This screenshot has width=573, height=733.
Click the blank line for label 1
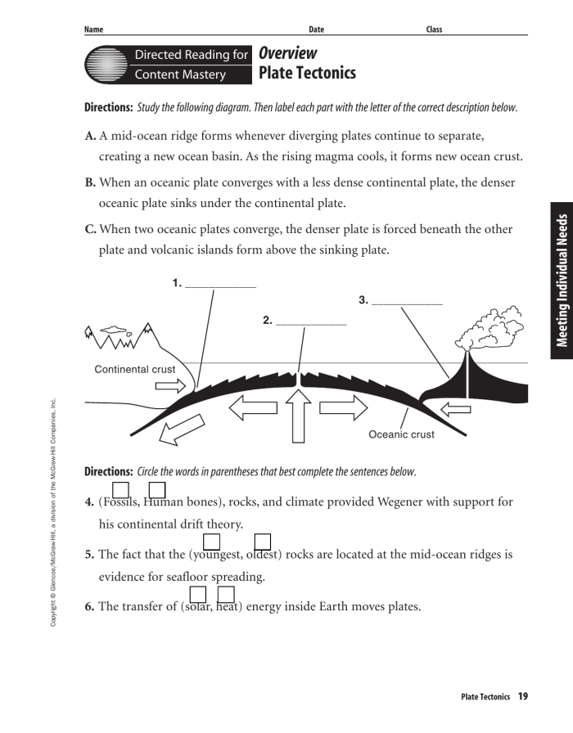tap(220, 286)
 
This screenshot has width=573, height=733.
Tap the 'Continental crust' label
tap(134, 369)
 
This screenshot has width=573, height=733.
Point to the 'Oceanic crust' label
tap(401, 434)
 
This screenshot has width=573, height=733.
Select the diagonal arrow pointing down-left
tap(182, 428)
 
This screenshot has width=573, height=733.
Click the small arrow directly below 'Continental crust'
tap(171, 385)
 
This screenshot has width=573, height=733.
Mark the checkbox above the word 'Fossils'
tap(121, 489)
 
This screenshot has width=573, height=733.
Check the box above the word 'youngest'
tap(211, 541)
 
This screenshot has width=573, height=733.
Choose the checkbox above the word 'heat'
tap(226, 594)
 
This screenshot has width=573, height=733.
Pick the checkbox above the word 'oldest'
tap(262, 541)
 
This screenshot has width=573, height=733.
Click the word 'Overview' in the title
tap(287, 53)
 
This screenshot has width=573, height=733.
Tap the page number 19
tap(522, 696)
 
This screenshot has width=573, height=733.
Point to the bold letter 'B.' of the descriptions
tap(90, 182)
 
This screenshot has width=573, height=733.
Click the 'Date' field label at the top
tap(316, 29)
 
